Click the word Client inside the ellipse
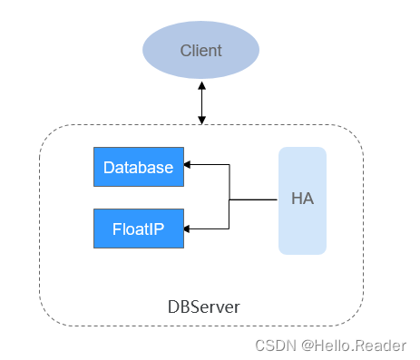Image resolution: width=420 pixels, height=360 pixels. point(200,51)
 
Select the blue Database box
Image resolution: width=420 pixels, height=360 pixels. point(138,167)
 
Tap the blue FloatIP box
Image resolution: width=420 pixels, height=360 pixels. point(138,228)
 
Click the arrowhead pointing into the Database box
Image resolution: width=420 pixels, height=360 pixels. point(189,166)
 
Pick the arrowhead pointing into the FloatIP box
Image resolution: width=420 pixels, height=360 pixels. point(189,229)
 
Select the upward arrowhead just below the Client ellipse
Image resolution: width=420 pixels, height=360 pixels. point(201,84)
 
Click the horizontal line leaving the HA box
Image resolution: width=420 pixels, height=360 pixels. point(254,199)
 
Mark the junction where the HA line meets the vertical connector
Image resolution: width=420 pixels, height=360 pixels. point(230,199)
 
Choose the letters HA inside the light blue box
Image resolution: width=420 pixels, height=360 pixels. point(302,199)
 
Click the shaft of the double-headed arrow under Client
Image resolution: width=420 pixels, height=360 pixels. point(201,102)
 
